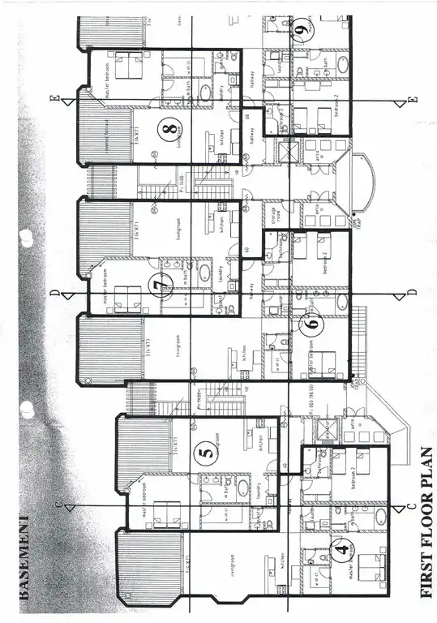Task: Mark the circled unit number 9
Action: (302, 32)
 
